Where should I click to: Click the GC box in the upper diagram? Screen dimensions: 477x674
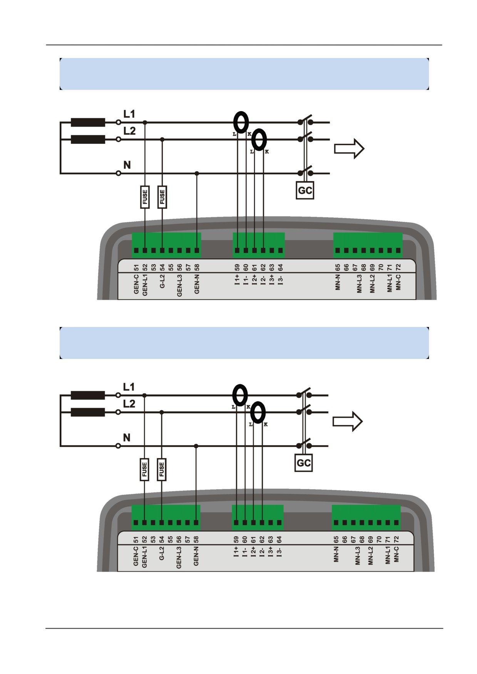tap(305, 190)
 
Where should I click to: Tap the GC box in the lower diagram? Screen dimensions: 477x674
tap(303, 463)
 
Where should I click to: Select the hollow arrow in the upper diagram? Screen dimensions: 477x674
tap(349, 148)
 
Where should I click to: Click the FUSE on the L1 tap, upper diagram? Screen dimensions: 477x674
tap(145, 197)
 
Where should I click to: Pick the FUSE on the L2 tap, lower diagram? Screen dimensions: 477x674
tap(161, 469)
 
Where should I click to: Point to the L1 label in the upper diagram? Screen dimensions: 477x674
tap(129, 114)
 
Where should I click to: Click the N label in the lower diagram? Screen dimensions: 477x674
tap(127, 437)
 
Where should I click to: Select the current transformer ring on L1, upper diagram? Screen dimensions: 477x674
tap(241, 122)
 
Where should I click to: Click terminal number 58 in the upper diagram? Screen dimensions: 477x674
tap(197, 268)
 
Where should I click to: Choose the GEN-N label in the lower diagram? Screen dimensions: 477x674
tap(196, 556)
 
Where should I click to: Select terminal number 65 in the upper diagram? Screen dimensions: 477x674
tap(337, 268)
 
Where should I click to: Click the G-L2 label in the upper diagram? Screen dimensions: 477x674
tap(162, 282)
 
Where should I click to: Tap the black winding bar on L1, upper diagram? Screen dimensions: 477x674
tap(88, 122)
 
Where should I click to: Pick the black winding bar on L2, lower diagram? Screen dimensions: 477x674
tap(88, 412)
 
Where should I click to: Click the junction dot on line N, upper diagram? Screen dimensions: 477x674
tap(197, 173)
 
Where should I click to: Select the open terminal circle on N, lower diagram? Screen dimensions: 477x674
tap(118, 446)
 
